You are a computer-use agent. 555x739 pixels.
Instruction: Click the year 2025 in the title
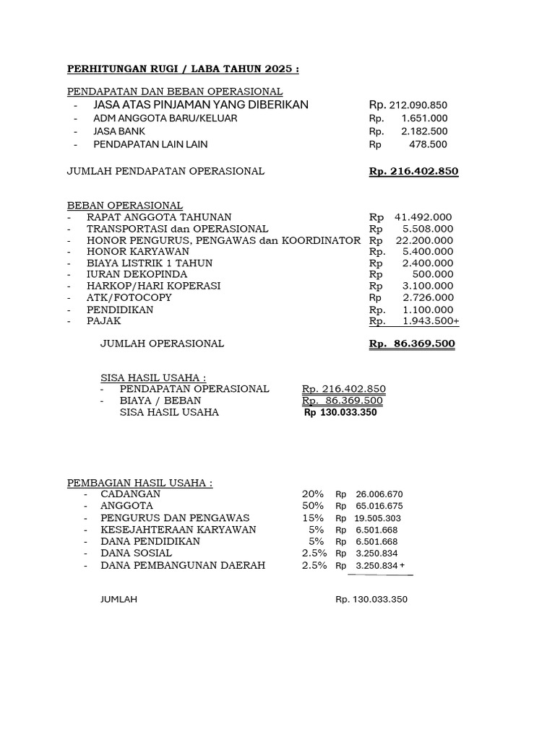coord(277,69)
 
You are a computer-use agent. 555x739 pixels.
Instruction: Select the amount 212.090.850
coord(418,105)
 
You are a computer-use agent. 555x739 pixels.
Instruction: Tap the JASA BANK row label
coord(119,131)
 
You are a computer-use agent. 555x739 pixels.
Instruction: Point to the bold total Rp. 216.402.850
coord(413,171)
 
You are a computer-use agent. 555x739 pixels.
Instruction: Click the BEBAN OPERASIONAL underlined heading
coord(124,205)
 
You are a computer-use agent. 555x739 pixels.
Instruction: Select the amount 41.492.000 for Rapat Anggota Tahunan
coord(423,217)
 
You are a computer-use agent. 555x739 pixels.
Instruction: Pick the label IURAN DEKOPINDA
coord(137,274)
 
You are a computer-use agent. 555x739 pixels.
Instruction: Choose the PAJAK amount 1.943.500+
coord(431,320)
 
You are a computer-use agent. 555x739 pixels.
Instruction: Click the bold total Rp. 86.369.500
coord(412,344)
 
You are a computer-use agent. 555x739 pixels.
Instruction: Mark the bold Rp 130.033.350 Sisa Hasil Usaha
coord(340,413)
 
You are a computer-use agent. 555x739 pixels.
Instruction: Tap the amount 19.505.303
coord(378,518)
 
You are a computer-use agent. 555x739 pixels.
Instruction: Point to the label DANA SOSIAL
coord(137,553)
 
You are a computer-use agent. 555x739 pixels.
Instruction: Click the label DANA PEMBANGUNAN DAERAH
coord(183,565)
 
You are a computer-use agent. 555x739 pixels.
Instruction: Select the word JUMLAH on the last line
coord(119,600)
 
